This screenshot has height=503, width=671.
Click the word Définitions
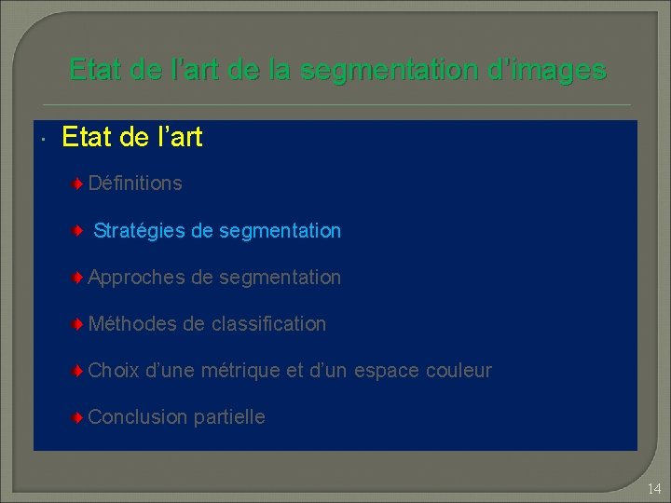[x=135, y=184]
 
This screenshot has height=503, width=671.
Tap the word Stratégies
[x=140, y=230]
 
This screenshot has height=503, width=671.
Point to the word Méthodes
[x=132, y=324]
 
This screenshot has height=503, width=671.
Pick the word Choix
[x=113, y=371]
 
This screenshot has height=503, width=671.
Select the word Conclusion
[x=138, y=417]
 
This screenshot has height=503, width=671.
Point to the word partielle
[x=229, y=417]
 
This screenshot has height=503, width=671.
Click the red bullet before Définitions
[x=81, y=184]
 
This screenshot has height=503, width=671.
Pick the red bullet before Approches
[x=81, y=278]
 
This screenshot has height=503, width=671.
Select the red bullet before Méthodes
[x=81, y=324]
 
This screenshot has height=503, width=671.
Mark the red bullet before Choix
[x=81, y=371]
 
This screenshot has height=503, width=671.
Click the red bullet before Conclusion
[x=81, y=417]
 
